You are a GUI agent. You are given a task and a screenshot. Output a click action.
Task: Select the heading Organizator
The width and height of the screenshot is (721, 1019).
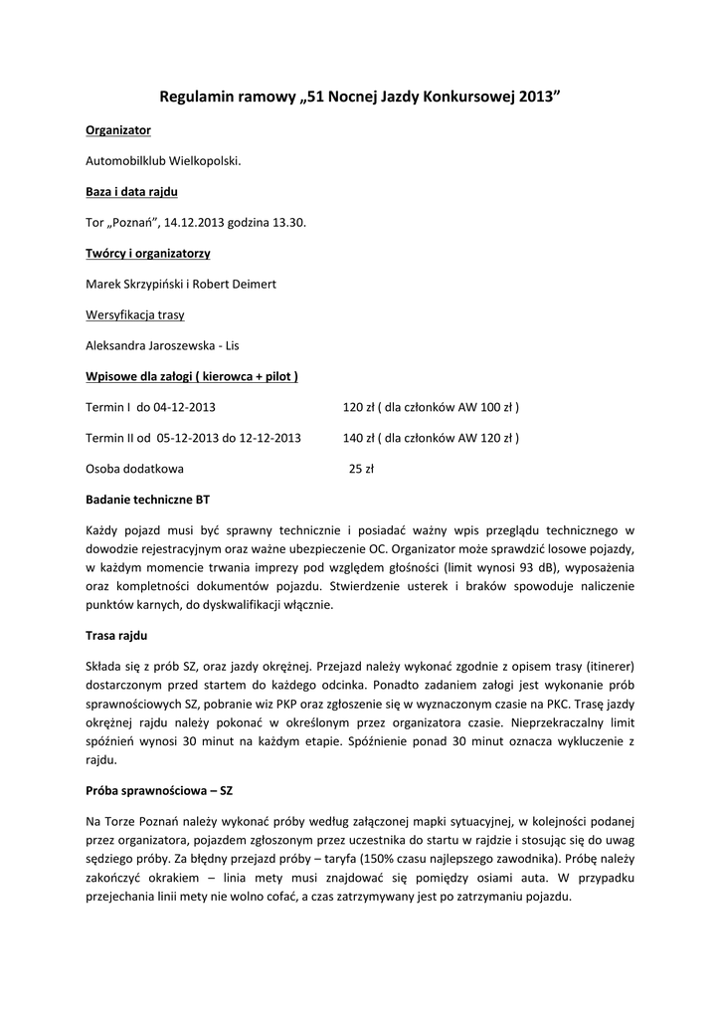(118, 130)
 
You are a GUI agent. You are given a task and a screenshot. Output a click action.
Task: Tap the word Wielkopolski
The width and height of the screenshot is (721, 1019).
(204, 160)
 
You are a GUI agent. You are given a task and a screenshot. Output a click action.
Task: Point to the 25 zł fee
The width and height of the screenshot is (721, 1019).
(361, 468)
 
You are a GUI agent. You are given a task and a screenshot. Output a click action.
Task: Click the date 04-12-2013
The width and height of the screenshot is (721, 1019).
(183, 407)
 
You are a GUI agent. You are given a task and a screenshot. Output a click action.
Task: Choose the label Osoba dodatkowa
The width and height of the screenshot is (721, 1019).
(134, 468)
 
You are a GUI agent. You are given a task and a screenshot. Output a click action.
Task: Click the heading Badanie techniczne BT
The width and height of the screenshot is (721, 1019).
(147, 499)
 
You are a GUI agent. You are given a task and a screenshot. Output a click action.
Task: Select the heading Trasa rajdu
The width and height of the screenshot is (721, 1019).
(117, 634)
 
